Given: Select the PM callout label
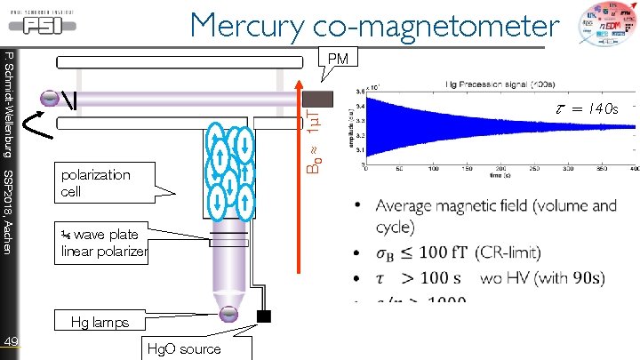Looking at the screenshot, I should pos(338,59).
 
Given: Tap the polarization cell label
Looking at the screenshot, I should pos(96,182).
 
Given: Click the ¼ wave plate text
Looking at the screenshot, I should pos(100,235).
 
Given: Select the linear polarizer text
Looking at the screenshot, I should pos(104,252).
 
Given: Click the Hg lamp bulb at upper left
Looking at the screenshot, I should pos(51,96).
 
